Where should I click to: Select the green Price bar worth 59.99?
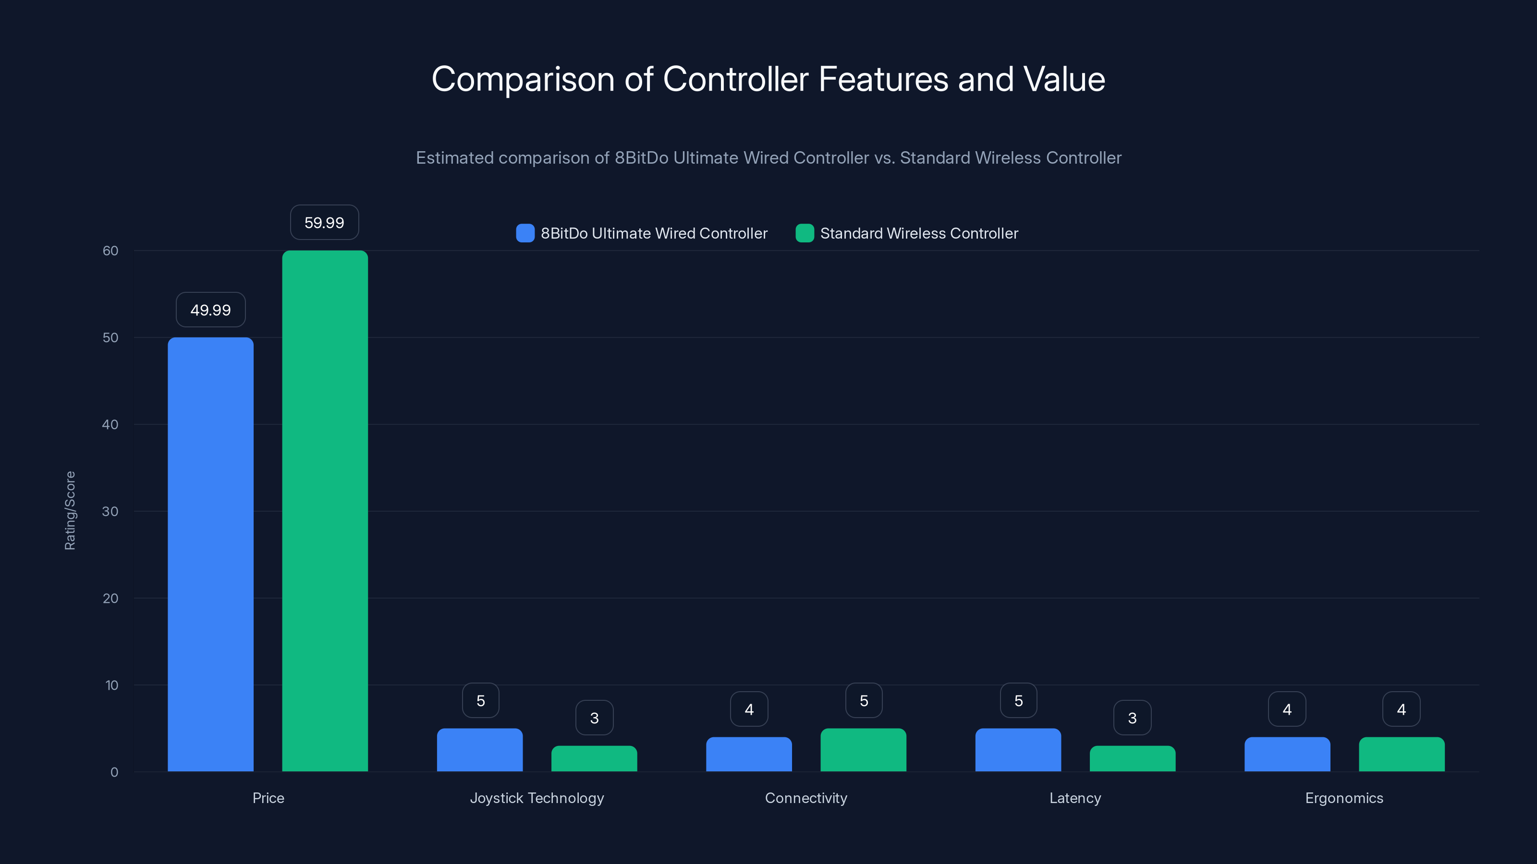325,511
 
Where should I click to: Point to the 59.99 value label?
324,222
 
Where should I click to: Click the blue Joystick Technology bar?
480,750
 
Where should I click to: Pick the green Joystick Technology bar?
594,758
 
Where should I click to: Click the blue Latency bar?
1018,750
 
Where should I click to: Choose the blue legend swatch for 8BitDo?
525,233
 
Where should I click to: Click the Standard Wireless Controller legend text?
919,233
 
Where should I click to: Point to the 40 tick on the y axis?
110,424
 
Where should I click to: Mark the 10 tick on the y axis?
111,685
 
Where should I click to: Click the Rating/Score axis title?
70,510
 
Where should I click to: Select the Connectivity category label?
805,798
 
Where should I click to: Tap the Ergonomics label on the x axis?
1344,798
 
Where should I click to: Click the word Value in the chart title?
1064,79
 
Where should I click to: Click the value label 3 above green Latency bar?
1132,718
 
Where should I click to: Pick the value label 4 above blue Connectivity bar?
749,709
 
